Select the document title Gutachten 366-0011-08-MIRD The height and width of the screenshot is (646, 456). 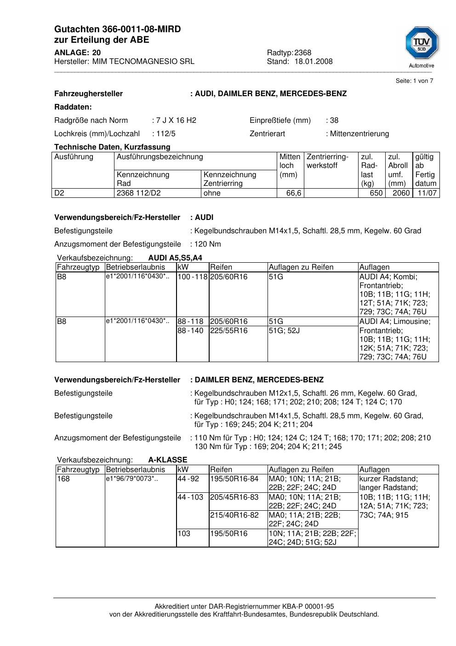pyautogui.click(x=117, y=29)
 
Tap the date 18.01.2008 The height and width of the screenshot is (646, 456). pyautogui.click(x=313, y=61)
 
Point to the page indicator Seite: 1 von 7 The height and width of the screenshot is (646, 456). pyautogui.click(x=414, y=81)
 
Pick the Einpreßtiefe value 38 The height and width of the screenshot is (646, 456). pyautogui.click(x=334, y=121)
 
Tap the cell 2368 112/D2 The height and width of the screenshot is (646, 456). pyautogui.click(x=139, y=193)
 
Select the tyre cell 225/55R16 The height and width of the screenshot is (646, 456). pyautogui.click(x=229, y=331)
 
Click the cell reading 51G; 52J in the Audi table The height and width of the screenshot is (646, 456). pyautogui.click(x=284, y=331)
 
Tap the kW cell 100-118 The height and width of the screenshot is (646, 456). pyautogui.click(x=193, y=277)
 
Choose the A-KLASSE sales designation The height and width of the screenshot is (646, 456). pyautogui.click(x=168, y=460)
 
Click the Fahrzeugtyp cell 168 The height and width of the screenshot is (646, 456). pyautogui.click(x=63, y=479)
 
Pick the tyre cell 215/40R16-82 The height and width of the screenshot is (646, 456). pyautogui.click(x=234, y=515)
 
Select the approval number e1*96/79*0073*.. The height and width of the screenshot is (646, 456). pyautogui.click(x=132, y=479)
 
